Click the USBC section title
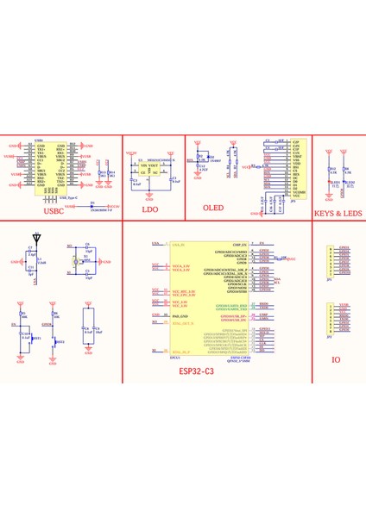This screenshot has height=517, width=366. pos(54,210)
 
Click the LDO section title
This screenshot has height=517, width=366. pos(150,210)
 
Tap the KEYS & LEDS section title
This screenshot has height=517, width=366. pos(338,212)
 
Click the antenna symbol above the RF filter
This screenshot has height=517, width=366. pos(35,235)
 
